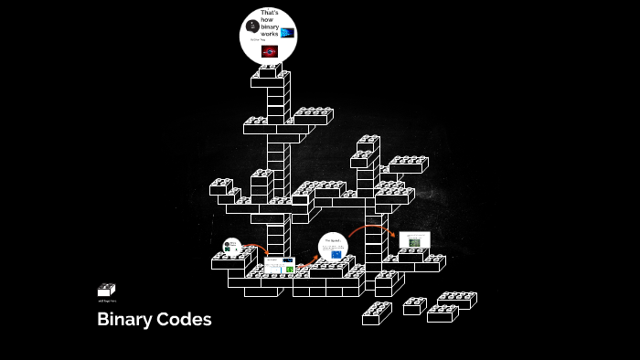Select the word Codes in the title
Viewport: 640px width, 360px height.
[184, 320]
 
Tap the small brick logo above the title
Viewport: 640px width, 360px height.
[106, 290]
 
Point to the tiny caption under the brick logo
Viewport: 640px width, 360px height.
[107, 301]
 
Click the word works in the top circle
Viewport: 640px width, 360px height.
[269, 33]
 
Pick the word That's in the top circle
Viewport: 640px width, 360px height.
[270, 12]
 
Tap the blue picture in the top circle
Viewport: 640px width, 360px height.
[288, 32]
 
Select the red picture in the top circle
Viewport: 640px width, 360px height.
[269, 51]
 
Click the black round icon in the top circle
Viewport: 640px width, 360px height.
[252, 25]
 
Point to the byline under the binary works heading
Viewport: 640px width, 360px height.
[257, 39]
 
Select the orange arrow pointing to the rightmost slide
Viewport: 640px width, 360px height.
[370, 228]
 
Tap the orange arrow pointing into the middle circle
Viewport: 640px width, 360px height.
[309, 259]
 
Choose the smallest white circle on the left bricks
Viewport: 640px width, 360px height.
[231, 246]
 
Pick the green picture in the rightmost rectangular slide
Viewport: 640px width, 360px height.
[414, 242]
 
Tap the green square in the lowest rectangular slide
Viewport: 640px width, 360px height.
[290, 269]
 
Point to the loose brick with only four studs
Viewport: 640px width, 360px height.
[415, 305]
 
